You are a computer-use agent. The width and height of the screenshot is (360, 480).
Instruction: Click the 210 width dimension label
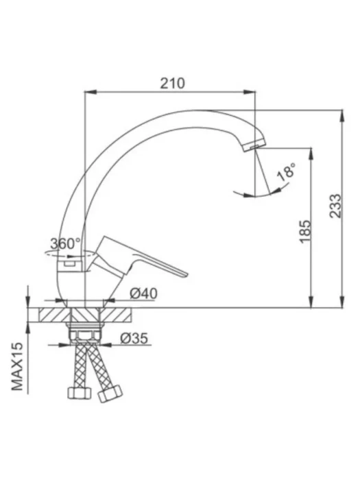click(x=173, y=83)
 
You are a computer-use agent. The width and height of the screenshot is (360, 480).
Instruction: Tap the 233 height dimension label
click(x=335, y=206)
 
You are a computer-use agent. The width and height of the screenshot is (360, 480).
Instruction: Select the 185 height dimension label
click(x=305, y=232)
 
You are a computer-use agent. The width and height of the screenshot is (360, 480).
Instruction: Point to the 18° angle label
click(x=287, y=171)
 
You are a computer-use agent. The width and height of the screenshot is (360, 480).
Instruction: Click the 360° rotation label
click(x=65, y=243)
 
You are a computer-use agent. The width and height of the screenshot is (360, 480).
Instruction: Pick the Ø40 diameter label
click(x=143, y=294)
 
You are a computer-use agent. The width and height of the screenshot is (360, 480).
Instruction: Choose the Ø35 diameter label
click(x=134, y=339)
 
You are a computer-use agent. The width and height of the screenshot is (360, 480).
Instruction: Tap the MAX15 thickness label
click(x=17, y=366)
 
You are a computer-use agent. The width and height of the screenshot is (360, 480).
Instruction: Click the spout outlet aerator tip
click(x=254, y=145)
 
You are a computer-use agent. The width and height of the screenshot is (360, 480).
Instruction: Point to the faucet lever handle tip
click(x=185, y=274)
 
